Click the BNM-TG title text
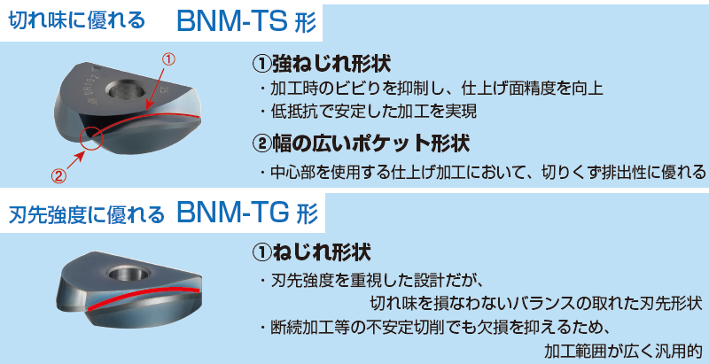[x=247, y=213]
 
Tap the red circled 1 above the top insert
[x=168, y=59]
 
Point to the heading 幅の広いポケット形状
[x=361, y=143]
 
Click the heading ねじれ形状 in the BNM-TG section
[x=311, y=252]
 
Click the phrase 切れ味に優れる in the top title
[x=77, y=21]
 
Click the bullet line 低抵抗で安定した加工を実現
[x=368, y=111]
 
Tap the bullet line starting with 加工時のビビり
[x=432, y=89]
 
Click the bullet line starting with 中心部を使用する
[x=482, y=172]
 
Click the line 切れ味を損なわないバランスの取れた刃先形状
[x=537, y=303]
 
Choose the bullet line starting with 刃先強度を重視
[x=372, y=280]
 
